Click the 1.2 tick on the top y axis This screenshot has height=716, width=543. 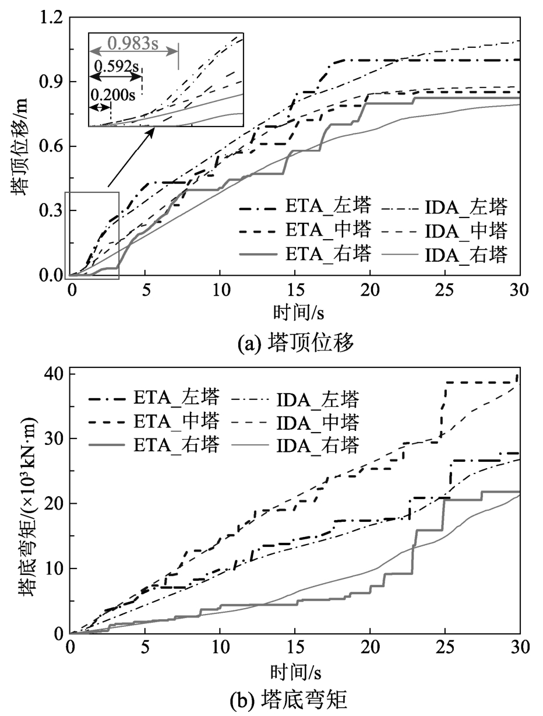coord(51,17)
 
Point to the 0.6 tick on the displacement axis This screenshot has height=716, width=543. coord(51,146)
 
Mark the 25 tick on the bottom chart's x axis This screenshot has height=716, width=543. coord(445,645)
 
